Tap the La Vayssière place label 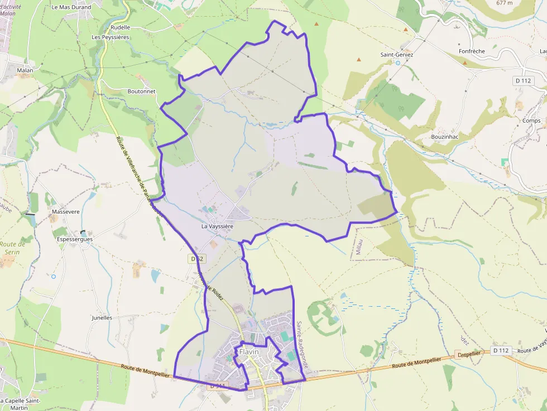pyautogui.click(x=217, y=227)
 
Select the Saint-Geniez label pyautogui.click(x=397, y=55)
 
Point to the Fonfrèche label pyautogui.click(x=472, y=51)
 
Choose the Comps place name pyautogui.click(x=531, y=120)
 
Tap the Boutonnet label pyautogui.click(x=141, y=91)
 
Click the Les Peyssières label pyautogui.click(x=111, y=37)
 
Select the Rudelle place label pyautogui.click(x=121, y=27)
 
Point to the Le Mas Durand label pyautogui.click(x=71, y=7)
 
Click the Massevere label pyautogui.click(x=65, y=212)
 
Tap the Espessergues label pyautogui.click(x=75, y=239)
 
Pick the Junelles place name pyautogui.click(x=102, y=317)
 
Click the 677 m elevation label pyautogui.click(x=506, y=3)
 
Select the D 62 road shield pyautogui.click(x=195, y=259)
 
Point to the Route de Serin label pyautogui.click(x=12, y=248)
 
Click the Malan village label pyautogui.click(x=25, y=70)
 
